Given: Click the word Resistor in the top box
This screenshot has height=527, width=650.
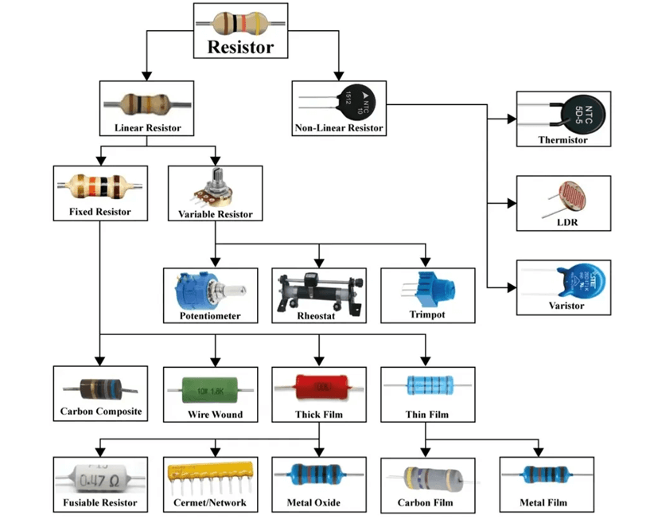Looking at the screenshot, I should click(x=240, y=46).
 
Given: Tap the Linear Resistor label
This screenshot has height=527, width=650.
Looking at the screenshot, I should click(x=147, y=127).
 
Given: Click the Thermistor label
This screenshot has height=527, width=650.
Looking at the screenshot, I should click(x=562, y=139).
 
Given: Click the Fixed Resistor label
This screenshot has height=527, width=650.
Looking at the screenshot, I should click(x=100, y=212).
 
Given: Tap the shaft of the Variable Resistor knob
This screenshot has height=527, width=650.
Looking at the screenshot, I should click(x=216, y=179).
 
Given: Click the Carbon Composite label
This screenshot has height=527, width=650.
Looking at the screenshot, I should click(x=101, y=412).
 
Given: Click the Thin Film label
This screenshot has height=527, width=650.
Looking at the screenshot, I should click(x=428, y=414).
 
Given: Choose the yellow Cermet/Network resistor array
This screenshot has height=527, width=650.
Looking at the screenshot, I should click(x=210, y=474).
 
